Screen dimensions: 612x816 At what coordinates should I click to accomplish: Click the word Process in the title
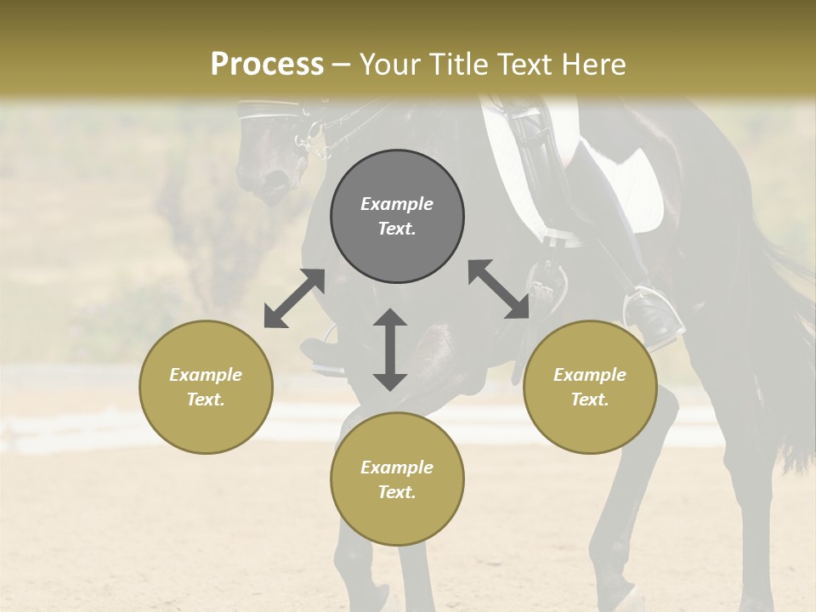point(267,65)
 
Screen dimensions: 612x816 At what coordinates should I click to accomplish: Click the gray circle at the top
point(397,216)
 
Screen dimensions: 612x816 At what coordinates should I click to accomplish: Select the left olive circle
point(206,387)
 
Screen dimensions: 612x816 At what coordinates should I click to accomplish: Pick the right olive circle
point(590,387)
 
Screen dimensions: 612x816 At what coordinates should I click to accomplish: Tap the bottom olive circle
point(397,479)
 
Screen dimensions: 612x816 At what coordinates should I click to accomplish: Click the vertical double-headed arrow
point(390,349)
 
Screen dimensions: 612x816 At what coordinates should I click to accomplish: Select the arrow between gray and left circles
point(294,298)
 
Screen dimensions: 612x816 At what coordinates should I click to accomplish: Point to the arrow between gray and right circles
point(498,289)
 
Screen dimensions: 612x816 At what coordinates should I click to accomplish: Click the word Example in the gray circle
point(397,204)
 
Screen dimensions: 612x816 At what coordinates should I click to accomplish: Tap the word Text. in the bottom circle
point(397,492)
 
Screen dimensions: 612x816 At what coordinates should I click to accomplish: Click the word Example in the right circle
point(590,375)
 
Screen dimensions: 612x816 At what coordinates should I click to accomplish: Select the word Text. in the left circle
point(206,399)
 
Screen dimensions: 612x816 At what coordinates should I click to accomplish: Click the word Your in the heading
point(386,65)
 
